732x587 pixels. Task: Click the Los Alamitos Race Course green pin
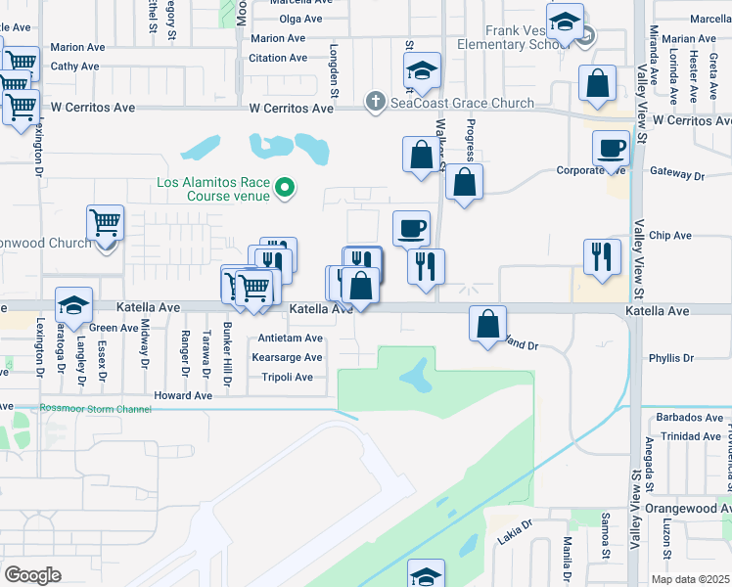point(285,186)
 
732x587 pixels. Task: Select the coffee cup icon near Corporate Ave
point(611,149)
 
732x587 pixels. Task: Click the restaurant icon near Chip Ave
point(602,256)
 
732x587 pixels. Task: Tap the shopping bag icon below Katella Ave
point(487,323)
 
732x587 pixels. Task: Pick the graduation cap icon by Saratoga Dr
point(73,304)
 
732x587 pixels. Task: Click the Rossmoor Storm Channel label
point(95,408)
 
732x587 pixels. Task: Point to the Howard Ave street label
point(189,396)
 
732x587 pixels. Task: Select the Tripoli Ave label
point(287,376)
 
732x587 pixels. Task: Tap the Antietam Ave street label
point(289,339)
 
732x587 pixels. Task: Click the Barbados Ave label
point(689,418)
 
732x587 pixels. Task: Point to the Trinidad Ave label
point(689,436)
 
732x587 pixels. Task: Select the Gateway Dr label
point(677,175)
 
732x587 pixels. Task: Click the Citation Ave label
point(278,58)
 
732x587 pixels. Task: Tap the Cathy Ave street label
point(74,67)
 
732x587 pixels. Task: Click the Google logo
point(33,575)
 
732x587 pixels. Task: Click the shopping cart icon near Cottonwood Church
point(105,223)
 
